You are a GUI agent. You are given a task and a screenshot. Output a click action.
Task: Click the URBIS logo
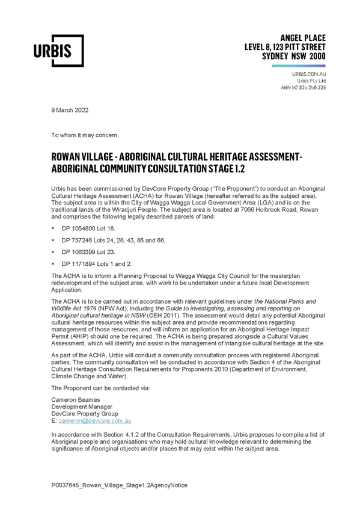[x=59, y=51]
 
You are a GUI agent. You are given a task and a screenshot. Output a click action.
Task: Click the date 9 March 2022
[x=70, y=110]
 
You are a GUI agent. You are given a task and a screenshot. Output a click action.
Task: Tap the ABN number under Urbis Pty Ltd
[x=303, y=87]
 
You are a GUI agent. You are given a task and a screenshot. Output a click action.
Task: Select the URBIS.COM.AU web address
[x=309, y=74]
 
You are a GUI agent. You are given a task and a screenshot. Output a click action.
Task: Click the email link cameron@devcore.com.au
[x=95, y=421]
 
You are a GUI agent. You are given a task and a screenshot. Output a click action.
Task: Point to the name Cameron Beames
[x=76, y=400]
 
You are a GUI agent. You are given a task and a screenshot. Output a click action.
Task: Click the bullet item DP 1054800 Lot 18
[x=88, y=229]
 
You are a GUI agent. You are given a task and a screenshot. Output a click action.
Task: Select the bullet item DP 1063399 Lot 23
[x=88, y=252]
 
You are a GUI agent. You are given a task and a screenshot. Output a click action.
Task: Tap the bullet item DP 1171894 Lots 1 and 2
[x=97, y=264]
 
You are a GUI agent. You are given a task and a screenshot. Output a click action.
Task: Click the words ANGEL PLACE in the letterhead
[x=303, y=38]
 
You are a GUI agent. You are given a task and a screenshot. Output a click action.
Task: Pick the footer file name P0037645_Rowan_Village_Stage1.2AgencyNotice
[x=119, y=485]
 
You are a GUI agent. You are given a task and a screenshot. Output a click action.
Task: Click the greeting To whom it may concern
[x=85, y=135]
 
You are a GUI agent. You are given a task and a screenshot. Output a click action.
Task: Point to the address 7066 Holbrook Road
[x=270, y=209]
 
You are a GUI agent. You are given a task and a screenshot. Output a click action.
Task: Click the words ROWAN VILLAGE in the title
[x=82, y=157]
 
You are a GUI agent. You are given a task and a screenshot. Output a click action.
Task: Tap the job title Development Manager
[x=82, y=407]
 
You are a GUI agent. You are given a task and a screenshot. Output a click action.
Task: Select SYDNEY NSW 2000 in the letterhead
[x=294, y=57]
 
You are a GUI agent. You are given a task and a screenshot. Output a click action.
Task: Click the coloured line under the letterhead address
[x=299, y=66]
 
